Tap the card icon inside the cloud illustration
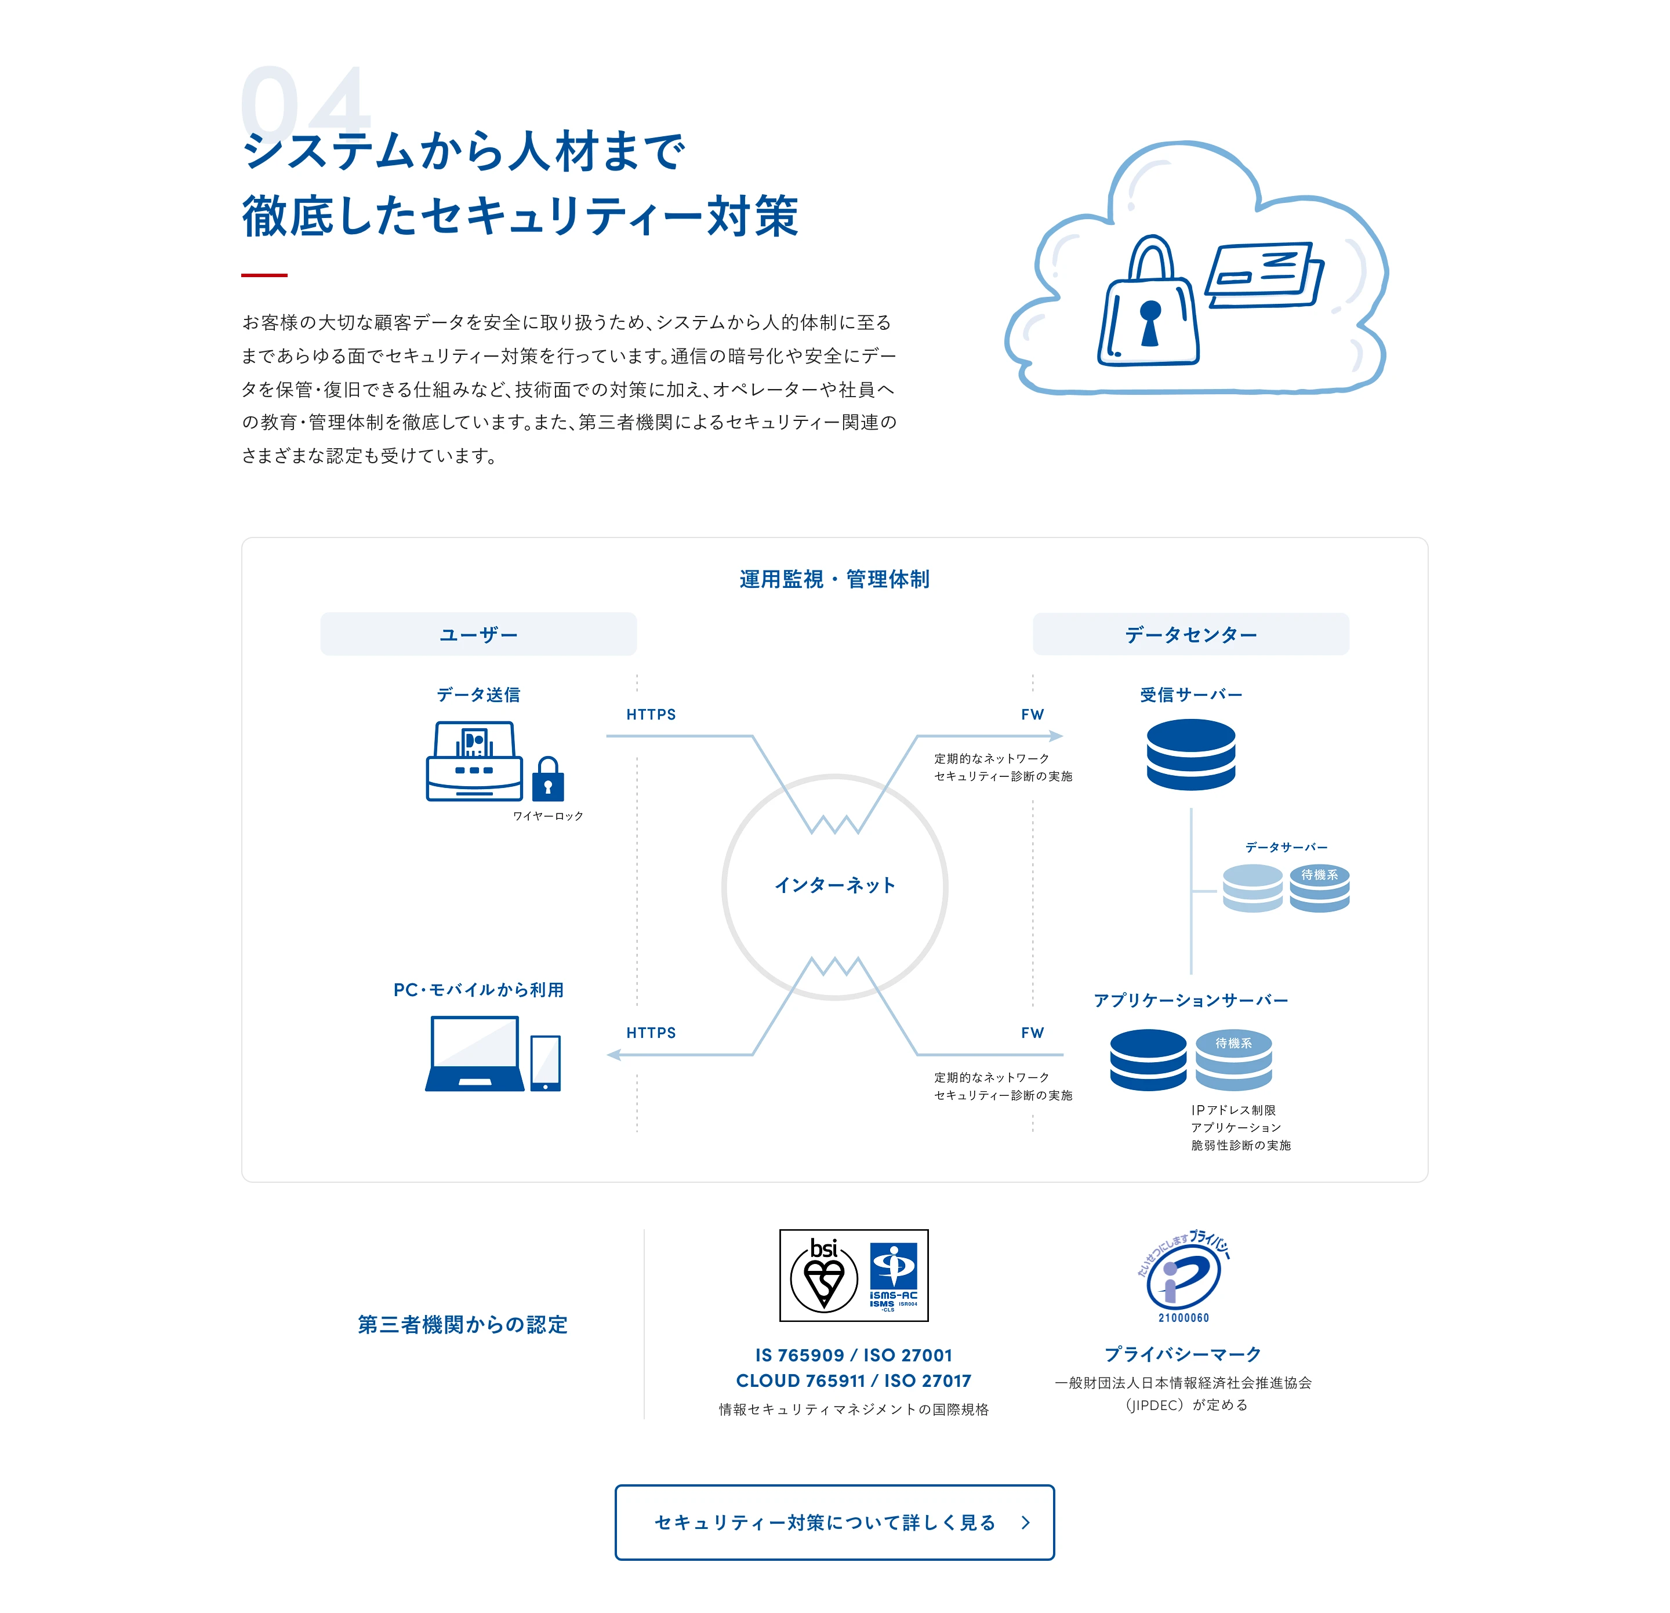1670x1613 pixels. point(1265,274)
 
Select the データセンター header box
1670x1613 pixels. point(1190,634)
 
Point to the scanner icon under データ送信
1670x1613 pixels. point(474,761)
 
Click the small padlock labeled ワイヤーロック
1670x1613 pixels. point(548,779)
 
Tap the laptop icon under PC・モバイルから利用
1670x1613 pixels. point(474,1053)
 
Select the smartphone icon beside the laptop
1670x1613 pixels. point(545,1063)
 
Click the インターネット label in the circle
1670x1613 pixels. point(835,885)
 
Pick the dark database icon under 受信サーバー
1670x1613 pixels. point(1190,754)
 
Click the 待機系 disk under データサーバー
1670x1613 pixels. point(1319,888)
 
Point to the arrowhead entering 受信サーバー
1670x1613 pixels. point(1057,735)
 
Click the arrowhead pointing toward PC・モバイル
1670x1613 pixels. point(613,1055)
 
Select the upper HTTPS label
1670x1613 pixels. point(651,714)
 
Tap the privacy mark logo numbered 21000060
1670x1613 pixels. point(1183,1276)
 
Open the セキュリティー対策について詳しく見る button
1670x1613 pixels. point(834,1523)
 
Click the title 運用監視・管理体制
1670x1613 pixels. point(834,579)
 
